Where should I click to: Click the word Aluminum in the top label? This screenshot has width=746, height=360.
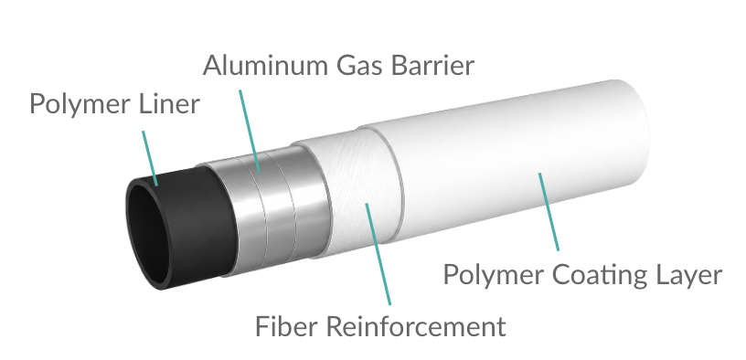tap(266, 65)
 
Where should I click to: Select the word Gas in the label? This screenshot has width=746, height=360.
tap(359, 65)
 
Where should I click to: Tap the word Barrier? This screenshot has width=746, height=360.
tap(432, 65)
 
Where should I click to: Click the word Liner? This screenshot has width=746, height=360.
tap(170, 103)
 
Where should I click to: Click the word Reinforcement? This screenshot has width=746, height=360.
tap(416, 326)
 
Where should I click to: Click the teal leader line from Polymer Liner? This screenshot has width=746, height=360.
tap(150, 158)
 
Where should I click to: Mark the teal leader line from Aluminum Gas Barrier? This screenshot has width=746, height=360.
tap(250, 131)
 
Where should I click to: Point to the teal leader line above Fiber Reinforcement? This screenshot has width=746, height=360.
tap(378, 254)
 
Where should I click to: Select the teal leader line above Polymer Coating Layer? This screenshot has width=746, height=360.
tap(549, 212)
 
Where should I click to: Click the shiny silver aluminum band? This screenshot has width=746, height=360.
tap(269, 209)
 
